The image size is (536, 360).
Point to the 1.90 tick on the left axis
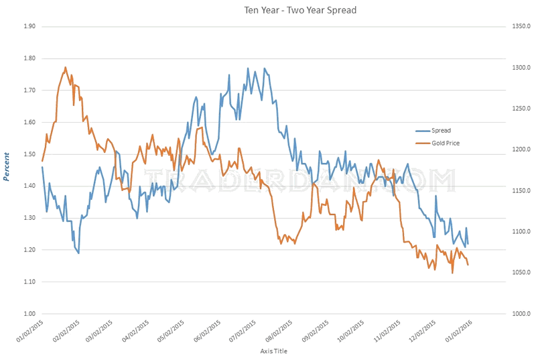[x=27, y=27]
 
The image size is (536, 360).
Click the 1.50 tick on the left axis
[x=27, y=154]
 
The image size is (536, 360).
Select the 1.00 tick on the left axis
[x=27, y=314]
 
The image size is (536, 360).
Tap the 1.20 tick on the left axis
[x=27, y=250]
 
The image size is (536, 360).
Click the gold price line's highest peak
[x=65, y=67]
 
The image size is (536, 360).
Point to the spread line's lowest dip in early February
[x=78, y=253]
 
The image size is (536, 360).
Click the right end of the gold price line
[x=468, y=265]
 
